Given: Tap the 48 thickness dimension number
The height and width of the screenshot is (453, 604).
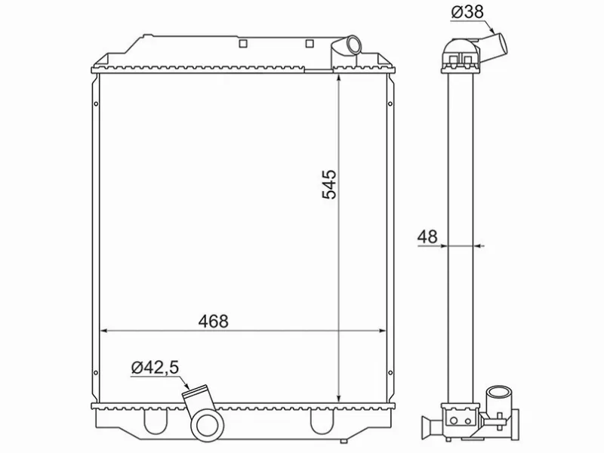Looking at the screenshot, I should (x=427, y=236).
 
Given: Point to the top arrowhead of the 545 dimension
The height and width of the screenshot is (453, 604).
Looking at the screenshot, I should (x=339, y=79).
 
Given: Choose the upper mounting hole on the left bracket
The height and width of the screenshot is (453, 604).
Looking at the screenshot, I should (x=95, y=105).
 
